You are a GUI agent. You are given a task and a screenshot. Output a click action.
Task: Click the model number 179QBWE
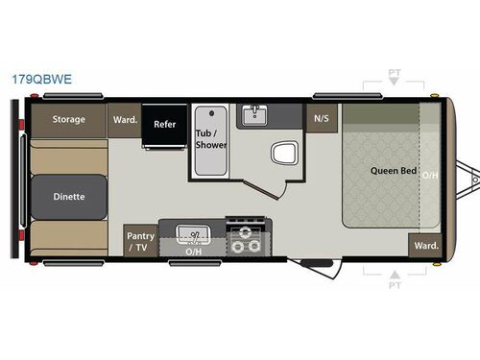42,80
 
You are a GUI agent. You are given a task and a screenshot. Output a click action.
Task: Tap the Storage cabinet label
69,119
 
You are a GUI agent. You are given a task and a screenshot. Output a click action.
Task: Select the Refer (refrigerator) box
164,125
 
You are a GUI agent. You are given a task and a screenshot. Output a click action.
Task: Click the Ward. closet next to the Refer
125,120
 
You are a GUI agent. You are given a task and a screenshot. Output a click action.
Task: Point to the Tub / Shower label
211,139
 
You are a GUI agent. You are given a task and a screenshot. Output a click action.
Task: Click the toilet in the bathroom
285,154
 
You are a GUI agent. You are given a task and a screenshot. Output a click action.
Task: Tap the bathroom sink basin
254,115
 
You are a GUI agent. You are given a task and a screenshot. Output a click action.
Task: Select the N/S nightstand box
322,118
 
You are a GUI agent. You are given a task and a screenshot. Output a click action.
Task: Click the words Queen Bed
394,171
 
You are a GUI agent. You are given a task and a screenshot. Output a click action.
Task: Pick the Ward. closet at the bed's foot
425,246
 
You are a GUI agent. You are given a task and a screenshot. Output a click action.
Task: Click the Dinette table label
69,197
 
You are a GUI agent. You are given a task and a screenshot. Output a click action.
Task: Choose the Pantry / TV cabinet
141,241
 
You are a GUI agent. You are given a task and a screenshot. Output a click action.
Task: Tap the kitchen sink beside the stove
193,235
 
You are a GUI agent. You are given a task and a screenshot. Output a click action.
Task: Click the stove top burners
246,240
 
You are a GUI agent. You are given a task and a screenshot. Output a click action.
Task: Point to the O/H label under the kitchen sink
194,252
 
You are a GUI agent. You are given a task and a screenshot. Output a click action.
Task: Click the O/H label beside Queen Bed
430,176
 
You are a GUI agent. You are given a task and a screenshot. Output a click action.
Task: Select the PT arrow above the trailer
395,82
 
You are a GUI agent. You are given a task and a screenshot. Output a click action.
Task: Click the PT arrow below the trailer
396,275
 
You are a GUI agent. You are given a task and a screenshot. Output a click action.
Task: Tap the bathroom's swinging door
261,190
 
